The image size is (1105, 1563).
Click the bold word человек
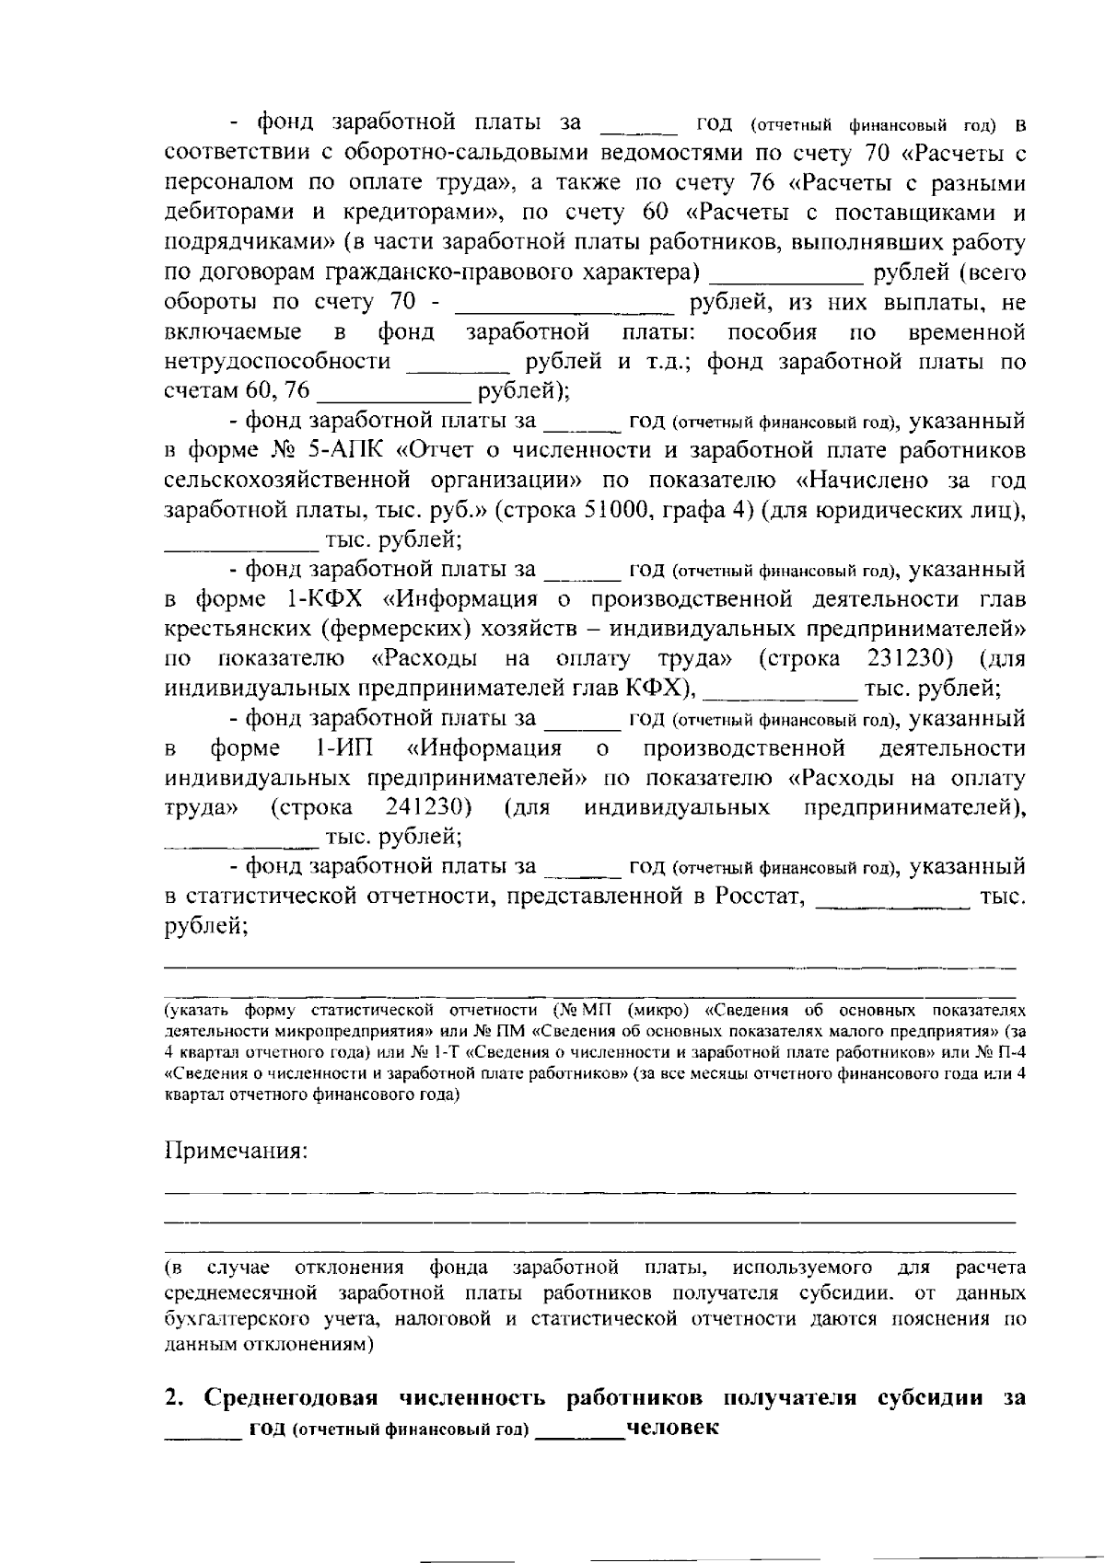(671, 1429)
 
